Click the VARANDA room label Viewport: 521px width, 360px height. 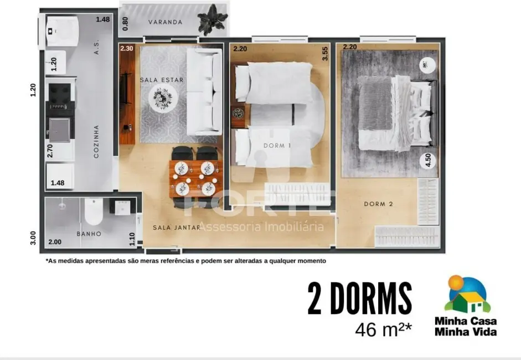(x=165, y=22)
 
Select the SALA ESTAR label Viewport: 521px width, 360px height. (x=161, y=80)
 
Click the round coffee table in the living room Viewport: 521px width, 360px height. (x=163, y=99)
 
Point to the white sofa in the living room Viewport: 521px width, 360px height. (x=203, y=92)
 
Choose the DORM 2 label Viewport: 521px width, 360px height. (x=378, y=204)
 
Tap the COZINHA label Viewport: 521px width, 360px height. (x=96, y=141)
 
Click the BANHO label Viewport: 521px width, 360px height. (x=89, y=234)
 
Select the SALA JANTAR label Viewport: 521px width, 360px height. (x=177, y=227)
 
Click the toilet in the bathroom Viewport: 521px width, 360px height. (x=93, y=211)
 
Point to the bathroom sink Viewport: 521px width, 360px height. (x=122, y=207)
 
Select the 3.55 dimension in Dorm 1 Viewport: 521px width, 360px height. (x=325, y=53)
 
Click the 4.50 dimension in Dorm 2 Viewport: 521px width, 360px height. (x=427, y=161)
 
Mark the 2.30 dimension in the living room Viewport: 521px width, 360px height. (x=126, y=48)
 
